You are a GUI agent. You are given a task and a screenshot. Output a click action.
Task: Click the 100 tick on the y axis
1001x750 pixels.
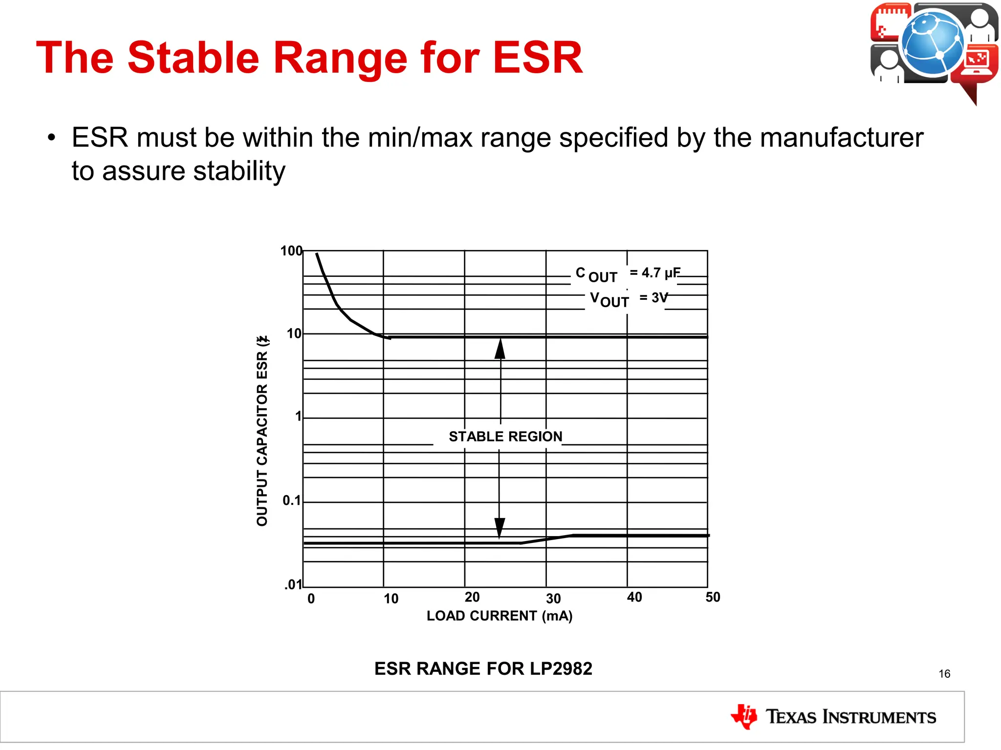click(291, 251)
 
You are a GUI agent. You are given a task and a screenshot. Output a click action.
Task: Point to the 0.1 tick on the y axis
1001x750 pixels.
click(292, 500)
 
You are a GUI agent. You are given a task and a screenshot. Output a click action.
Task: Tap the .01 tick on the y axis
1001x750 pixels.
click(293, 584)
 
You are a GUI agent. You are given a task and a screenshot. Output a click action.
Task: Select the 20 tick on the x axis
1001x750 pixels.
click(472, 597)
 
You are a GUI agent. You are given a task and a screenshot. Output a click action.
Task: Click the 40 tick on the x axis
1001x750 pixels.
click(634, 597)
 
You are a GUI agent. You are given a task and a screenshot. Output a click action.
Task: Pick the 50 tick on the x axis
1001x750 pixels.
click(713, 597)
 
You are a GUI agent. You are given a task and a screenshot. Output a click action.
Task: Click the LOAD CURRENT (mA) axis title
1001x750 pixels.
click(499, 616)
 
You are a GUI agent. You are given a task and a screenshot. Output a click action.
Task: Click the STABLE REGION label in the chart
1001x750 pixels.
click(505, 437)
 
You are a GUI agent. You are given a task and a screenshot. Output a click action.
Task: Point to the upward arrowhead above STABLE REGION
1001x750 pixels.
click(500, 349)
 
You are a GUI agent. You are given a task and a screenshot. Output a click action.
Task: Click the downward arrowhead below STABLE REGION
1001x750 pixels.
click(500, 527)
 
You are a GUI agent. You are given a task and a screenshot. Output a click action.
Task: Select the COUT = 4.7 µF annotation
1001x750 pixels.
click(628, 274)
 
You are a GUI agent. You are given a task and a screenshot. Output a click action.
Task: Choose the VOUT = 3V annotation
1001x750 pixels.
click(628, 299)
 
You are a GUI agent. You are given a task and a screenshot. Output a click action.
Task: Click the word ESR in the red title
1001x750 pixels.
click(538, 58)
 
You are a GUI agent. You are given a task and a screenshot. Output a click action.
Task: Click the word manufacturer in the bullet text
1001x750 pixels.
click(841, 138)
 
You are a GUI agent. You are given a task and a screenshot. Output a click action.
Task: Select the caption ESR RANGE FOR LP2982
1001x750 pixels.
click(483, 668)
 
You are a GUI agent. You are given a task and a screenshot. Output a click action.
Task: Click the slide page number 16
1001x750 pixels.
click(944, 674)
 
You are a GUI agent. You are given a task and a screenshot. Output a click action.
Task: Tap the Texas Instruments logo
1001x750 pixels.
click(833, 717)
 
